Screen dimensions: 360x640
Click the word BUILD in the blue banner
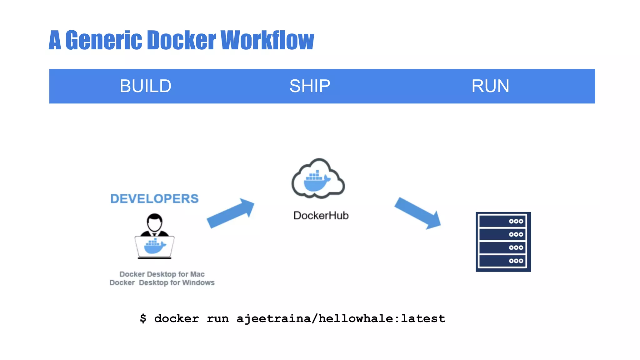click(x=145, y=86)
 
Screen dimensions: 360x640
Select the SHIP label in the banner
click(x=309, y=86)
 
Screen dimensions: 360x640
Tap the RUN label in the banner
click(x=490, y=86)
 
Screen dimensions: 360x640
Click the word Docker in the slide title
click(x=181, y=40)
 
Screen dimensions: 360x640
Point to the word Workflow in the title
click(x=267, y=40)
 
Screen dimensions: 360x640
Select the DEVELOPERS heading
click(x=154, y=199)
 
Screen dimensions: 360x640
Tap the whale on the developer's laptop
click(x=154, y=246)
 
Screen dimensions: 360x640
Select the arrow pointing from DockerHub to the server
click(x=418, y=213)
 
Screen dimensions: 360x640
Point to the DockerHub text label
click(x=321, y=216)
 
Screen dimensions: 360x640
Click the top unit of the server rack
click(x=502, y=221)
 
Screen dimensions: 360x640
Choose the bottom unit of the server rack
click(x=502, y=261)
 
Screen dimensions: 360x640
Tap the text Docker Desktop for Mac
click(x=162, y=274)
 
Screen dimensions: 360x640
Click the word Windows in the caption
click(x=198, y=283)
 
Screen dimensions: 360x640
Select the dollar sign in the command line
click(x=143, y=318)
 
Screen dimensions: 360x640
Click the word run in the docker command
click(x=217, y=319)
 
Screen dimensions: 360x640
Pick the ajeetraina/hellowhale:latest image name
click(x=341, y=319)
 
